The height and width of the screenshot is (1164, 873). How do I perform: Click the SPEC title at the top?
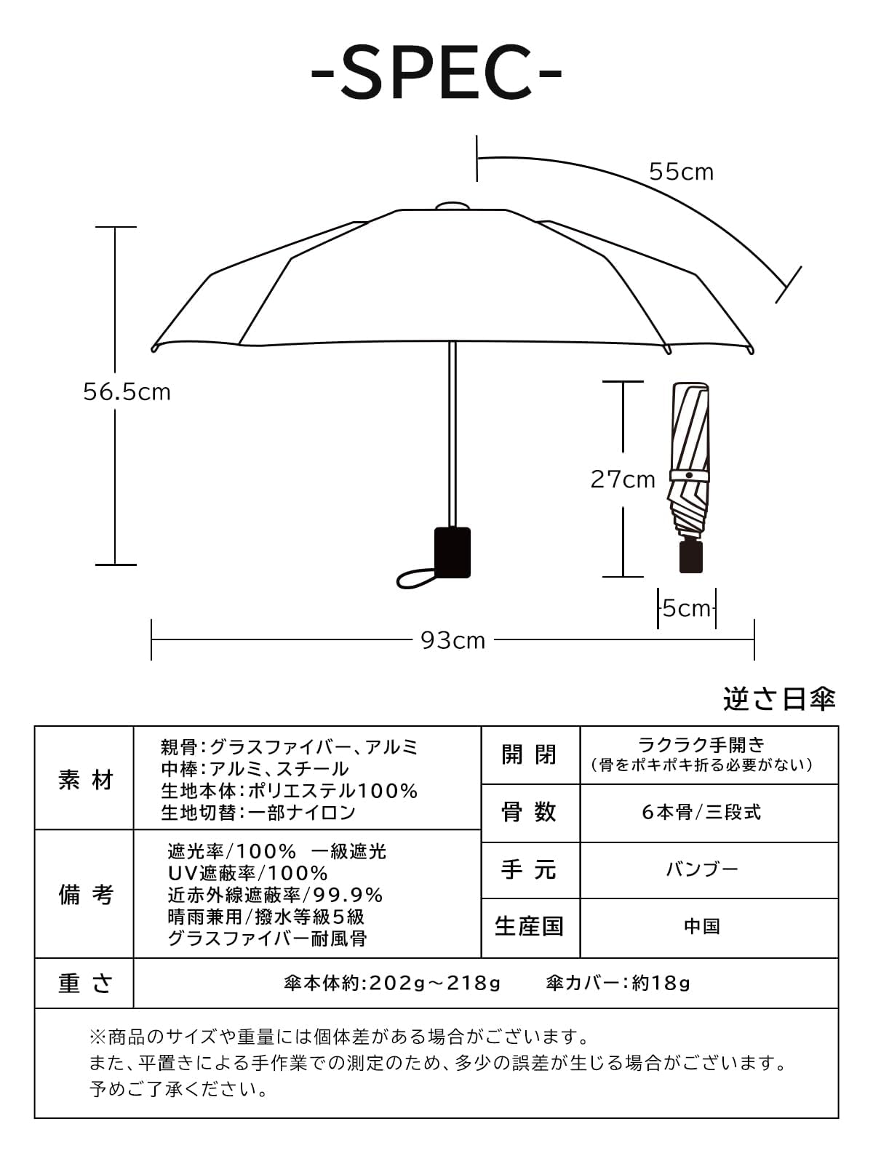[x=436, y=73]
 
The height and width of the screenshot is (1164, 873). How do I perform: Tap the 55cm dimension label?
[x=681, y=172]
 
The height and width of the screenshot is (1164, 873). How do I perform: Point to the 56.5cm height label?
[x=127, y=392]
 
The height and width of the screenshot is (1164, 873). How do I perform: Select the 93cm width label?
[x=453, y=640]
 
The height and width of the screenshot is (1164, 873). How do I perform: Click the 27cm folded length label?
[x=622, y=479]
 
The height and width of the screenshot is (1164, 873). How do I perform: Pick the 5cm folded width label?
[x=686, y=608]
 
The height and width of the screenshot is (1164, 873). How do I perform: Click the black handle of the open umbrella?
[x=452, y=553]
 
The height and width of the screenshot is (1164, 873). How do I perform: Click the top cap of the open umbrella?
[x=452, y=206]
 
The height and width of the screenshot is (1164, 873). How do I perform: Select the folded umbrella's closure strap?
[x=689, y=474]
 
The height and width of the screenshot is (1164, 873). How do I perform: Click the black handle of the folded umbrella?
[x=690, y=557]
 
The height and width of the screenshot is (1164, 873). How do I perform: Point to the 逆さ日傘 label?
[x=779, y=699]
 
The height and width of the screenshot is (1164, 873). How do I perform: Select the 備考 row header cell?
[x=85, y=894]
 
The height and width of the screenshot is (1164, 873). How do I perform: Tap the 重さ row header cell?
[x=85, y=984]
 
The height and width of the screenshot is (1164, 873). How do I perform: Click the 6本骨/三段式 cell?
[x=701, y=813]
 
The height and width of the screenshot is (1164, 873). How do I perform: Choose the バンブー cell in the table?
[x=701, y=870]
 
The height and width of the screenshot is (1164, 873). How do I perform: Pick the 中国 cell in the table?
[x=701, y=927]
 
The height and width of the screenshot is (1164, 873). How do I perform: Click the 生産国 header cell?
[x=530, y=927]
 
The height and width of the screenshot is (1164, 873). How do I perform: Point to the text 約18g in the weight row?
[x=661, y=984]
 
